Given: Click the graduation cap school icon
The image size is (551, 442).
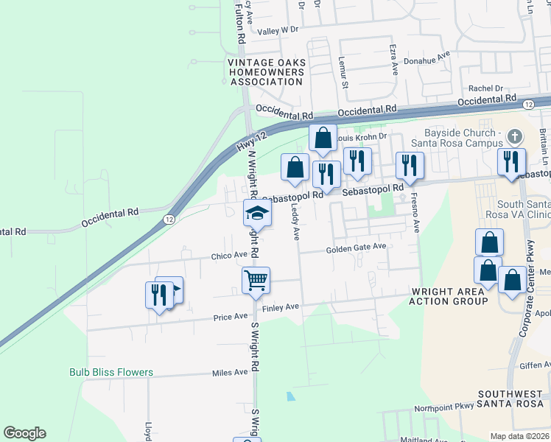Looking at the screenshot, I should tap(257, 213).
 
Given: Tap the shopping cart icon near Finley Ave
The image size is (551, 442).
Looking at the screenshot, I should tap(256, 279).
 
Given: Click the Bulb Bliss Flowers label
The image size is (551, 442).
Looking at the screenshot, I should tap(111, 372).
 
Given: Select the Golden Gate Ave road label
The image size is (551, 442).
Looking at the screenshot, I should tap(357, 248).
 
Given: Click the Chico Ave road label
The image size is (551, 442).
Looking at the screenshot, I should tap(229, 255).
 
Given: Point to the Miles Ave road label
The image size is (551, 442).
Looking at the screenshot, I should tap(230, 372).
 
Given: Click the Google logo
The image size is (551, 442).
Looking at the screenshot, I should tap(24, 433).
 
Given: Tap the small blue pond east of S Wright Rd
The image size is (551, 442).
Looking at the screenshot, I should tap(291, 396).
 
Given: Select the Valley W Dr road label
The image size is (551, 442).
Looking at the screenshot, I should tap(277, 30).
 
